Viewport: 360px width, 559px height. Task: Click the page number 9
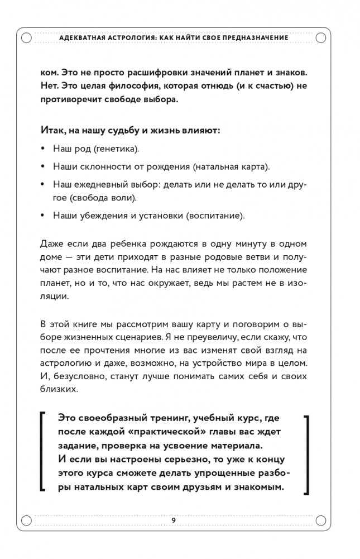coord(174,520)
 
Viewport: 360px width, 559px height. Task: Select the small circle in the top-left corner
coord(26,37)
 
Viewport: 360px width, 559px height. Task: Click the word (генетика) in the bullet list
coord(117,149)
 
